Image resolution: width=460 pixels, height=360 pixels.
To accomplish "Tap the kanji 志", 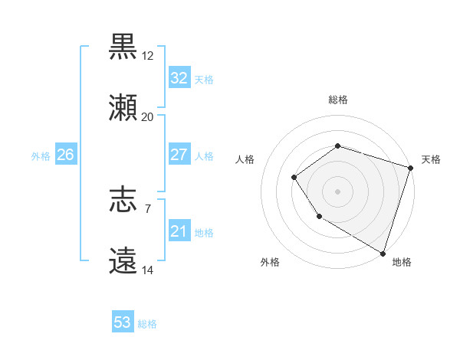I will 123,201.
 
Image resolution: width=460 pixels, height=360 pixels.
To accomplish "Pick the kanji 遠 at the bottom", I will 123,261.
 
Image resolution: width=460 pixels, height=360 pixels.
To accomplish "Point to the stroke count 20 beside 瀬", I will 147,117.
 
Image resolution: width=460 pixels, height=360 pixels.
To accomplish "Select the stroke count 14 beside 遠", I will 147,270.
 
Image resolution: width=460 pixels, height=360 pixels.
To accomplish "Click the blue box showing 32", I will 179,78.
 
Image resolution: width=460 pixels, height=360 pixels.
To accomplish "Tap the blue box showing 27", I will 179,155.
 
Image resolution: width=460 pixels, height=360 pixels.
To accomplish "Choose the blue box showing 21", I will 179,231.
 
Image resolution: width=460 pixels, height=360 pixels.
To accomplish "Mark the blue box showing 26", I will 65,155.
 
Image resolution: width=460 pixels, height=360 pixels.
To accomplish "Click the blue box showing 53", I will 123,322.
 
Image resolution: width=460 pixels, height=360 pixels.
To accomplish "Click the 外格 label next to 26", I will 41,156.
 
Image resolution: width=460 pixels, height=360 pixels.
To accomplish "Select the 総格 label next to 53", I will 147,324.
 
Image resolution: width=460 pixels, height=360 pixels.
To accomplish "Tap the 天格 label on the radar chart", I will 431,159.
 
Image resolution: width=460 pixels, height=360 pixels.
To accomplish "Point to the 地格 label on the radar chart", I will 402,263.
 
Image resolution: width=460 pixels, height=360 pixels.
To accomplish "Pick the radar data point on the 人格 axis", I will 294,178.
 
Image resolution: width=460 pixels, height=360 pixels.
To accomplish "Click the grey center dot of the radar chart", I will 337,191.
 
